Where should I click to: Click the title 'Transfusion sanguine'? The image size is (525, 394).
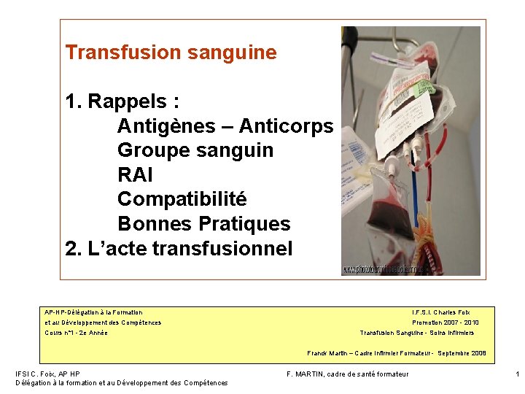[x=171, y=53]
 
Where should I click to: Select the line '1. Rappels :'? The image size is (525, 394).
[x=122, y=101]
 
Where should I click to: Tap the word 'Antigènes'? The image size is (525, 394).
[x=163, y=126]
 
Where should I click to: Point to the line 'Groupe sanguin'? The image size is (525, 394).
[x=195, y=150]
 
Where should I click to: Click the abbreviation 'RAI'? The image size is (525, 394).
[x=135, y=175]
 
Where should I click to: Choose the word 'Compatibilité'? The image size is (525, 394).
[x=182, y=199]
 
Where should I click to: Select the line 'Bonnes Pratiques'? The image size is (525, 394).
[x=203, y=224]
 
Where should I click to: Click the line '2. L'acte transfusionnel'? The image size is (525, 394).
[x=179, y=249]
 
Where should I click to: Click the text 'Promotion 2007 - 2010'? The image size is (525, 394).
[x=445, y=322]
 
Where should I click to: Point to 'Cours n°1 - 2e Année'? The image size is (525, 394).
[x=76, y=333]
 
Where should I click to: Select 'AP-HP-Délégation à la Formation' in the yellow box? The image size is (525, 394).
[x=93, y=312]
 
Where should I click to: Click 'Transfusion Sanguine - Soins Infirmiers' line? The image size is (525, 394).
[x=416, y=333]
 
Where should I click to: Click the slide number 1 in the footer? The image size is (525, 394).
[x=517, y=374]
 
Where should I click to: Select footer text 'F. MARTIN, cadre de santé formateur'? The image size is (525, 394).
[x=348, y=374]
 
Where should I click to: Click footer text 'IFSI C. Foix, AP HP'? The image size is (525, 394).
[x=47, y=374]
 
